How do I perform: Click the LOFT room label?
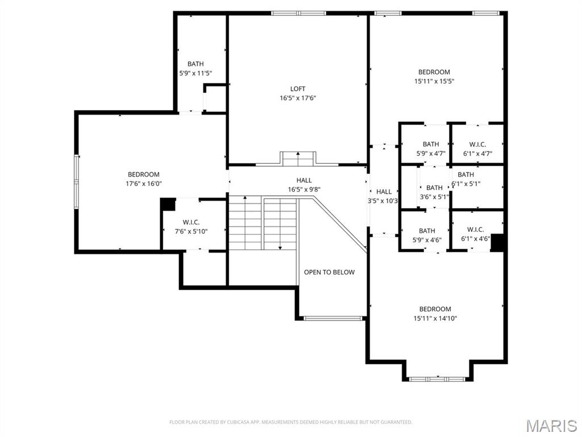(x=298, y=89)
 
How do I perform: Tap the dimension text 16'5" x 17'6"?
(x=298, y=98)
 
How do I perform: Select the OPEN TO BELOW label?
(x=329, y=273)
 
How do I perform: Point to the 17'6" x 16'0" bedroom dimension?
(x=143, y=184)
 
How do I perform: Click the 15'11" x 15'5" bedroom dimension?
(x=434, y=81)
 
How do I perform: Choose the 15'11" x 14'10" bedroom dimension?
(x=435, y=319)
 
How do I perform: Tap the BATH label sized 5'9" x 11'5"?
(x=196, y=64)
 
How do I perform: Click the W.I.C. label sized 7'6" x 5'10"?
(x=191, y=222)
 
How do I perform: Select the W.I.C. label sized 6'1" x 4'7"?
(x=477, y=145)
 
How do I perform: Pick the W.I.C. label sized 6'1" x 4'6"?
(x=475, y=230)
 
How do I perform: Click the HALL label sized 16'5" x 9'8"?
(x=304, y=180)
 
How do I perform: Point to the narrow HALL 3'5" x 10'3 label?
(x=384, y=192)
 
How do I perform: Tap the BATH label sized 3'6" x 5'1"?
(x=434, y=188)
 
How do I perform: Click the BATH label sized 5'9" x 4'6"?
(x=427, y=230)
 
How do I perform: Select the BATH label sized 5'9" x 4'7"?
(x=431, y=145)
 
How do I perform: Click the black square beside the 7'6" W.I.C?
(x=168, y=204)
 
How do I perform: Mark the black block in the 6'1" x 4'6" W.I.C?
(x=498, y=242)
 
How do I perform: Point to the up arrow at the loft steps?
(x=298, y=155)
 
